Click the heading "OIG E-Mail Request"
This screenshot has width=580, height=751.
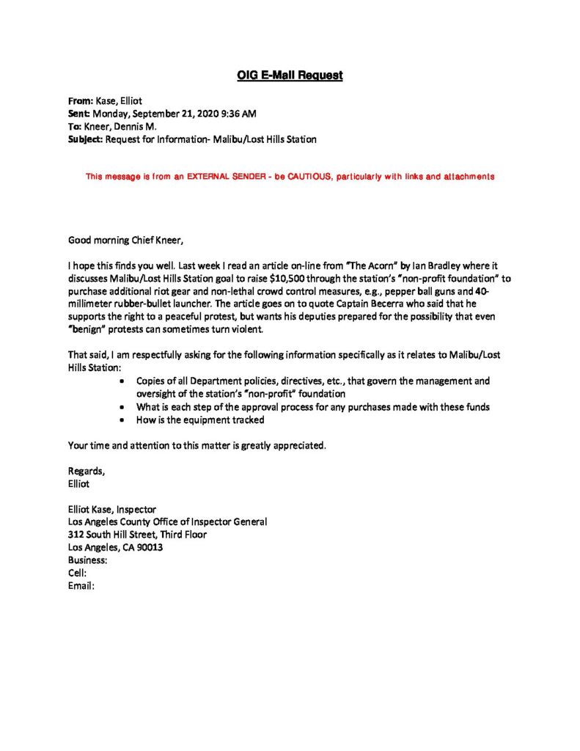[290, 75]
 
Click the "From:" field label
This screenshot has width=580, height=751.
[80, 102]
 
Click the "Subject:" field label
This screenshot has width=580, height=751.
[85, 139]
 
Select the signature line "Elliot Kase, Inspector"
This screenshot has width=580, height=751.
[111, 509]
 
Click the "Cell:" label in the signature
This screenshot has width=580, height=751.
[77, 573]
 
